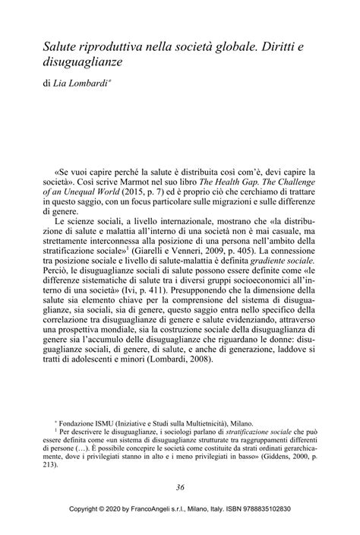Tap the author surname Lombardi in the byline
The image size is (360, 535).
tap(103, 81)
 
